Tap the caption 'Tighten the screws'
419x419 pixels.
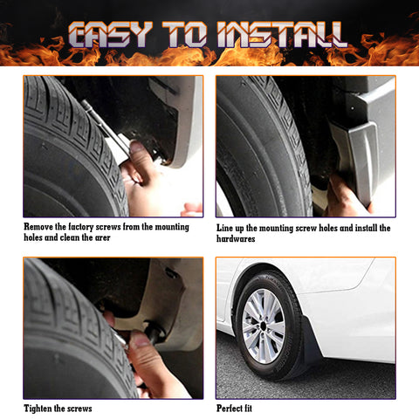click(x=58, y=408)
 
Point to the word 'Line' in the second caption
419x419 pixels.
click(x=226, y=228)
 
